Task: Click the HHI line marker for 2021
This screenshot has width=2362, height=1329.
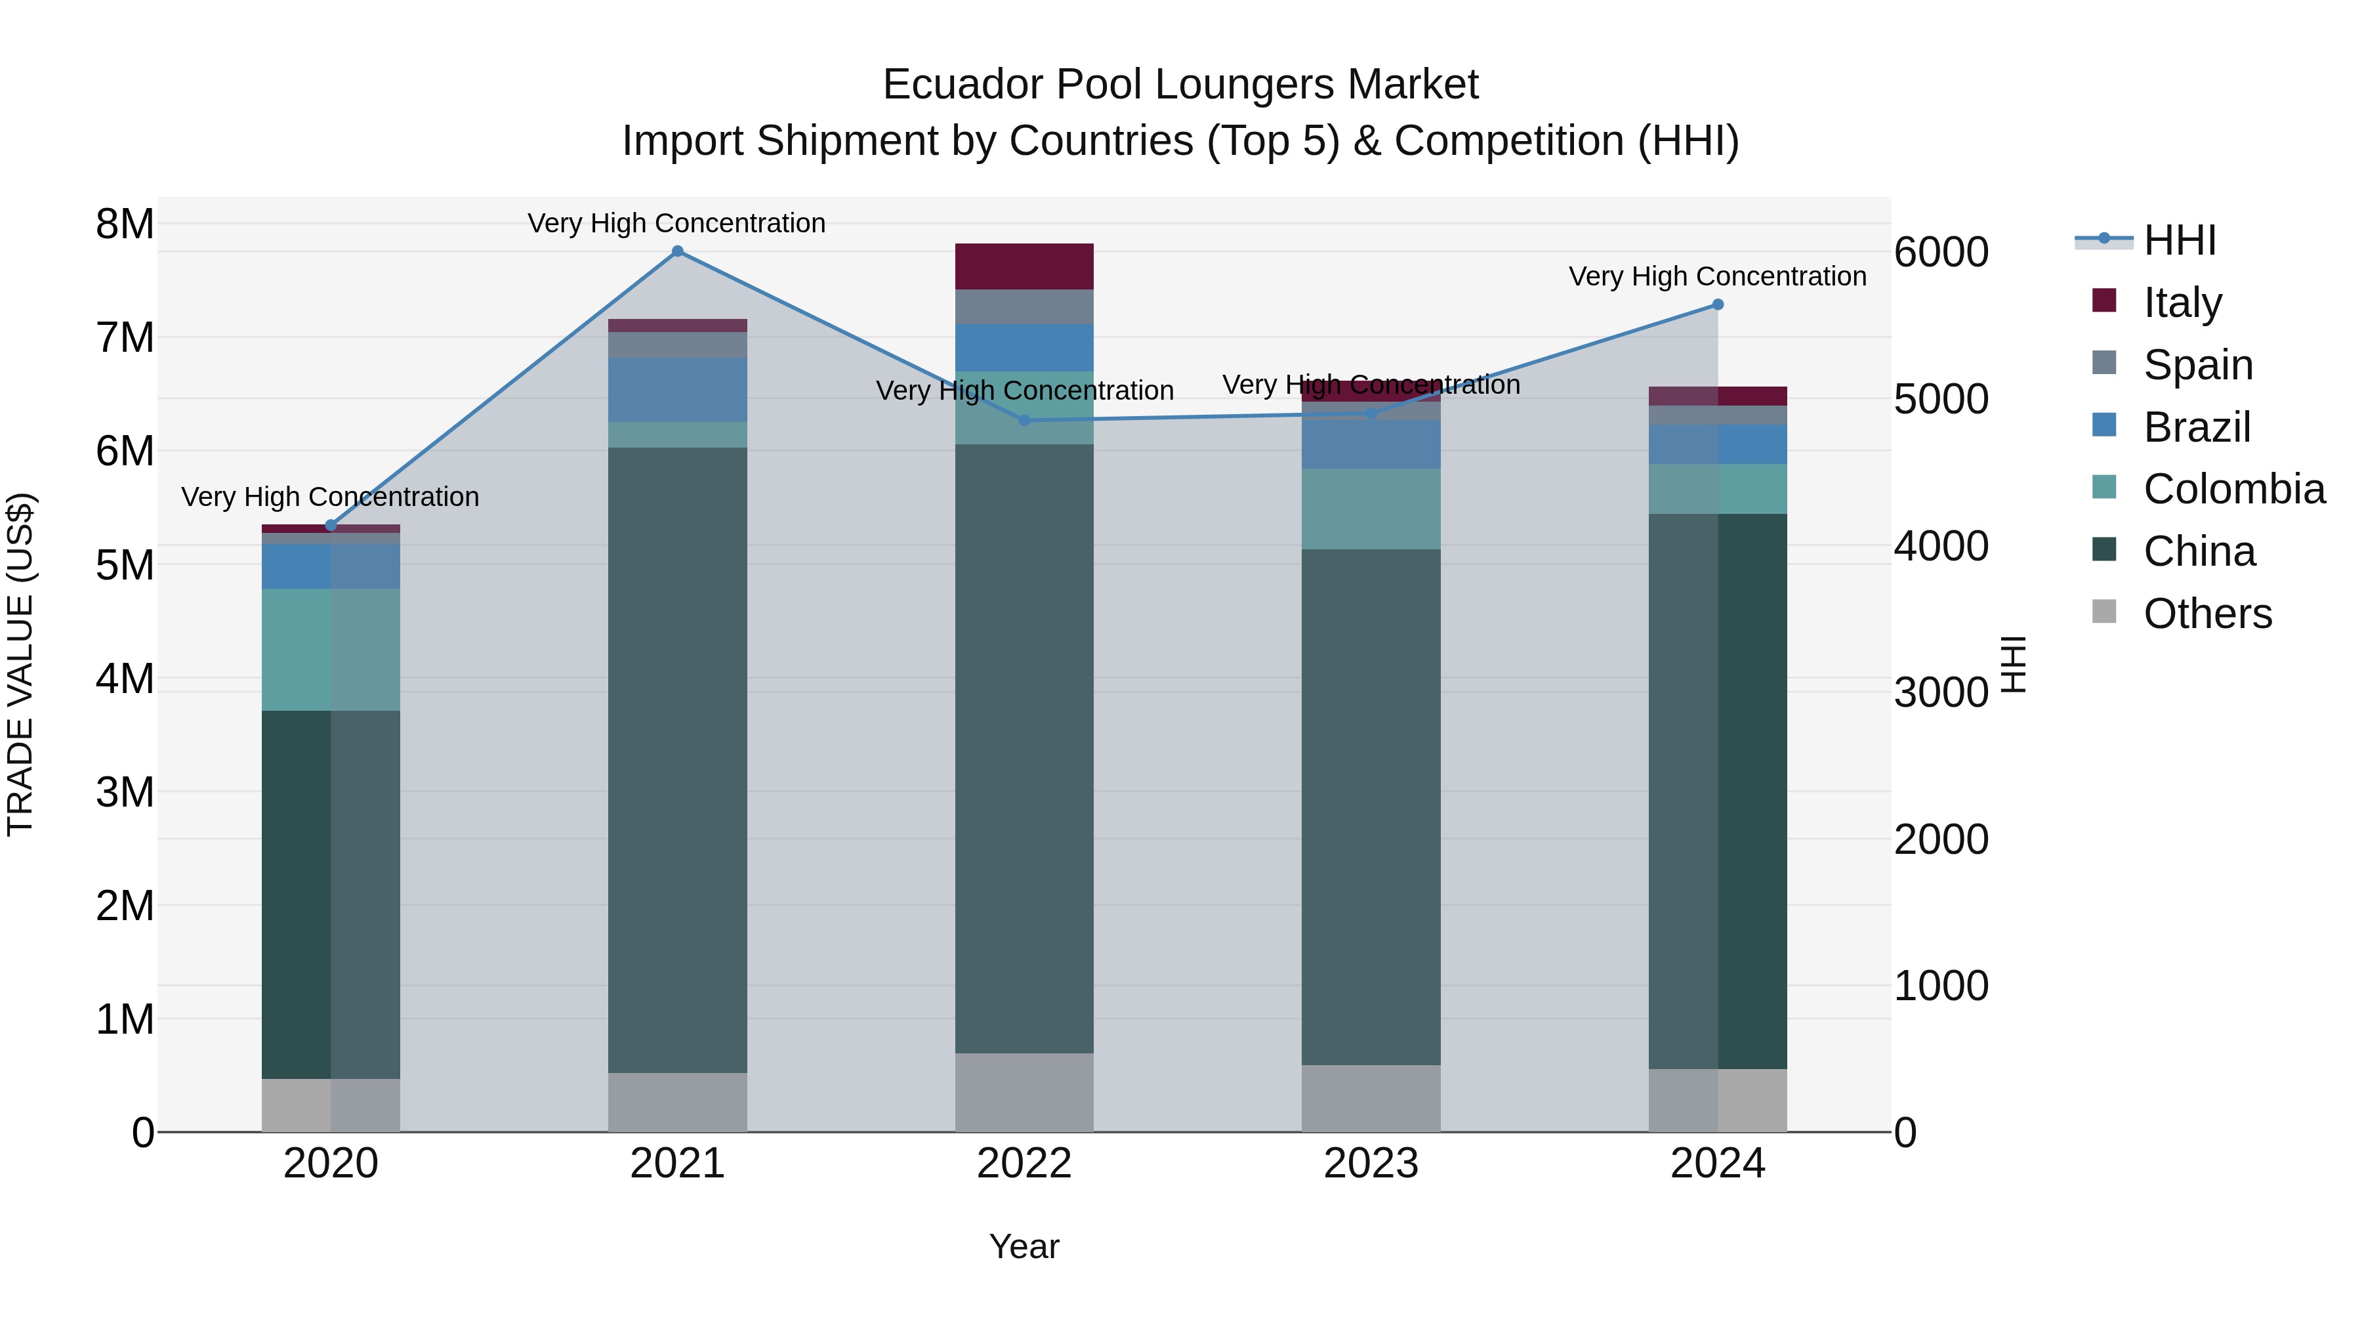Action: pos(678,251)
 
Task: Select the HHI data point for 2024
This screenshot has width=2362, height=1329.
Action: pos(1718,305)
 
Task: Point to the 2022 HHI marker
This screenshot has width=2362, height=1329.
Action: pos(1024,420)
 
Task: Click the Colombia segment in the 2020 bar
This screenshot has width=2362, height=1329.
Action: pos(331,649)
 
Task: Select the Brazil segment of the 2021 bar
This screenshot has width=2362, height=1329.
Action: pos(678,390)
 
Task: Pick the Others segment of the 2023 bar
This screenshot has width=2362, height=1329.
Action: pos(1371,1098)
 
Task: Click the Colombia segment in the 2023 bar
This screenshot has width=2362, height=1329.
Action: pos(1371,509)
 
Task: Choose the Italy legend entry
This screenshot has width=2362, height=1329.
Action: pos(2182,302)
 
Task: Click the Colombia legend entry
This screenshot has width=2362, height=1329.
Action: pos(2233,489)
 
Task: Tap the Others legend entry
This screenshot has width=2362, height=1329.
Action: pos(2207,614)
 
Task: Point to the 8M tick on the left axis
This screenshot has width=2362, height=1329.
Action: pos(125,224)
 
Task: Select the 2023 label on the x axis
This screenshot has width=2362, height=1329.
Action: pos(1371,1164)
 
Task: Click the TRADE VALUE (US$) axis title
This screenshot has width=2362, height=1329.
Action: pos(21,664)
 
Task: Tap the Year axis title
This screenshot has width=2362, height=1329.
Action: pos(1024,1246)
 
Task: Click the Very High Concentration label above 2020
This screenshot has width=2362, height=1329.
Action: pos(330,497)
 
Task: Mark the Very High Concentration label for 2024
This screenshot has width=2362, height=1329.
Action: pos(1718,276)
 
